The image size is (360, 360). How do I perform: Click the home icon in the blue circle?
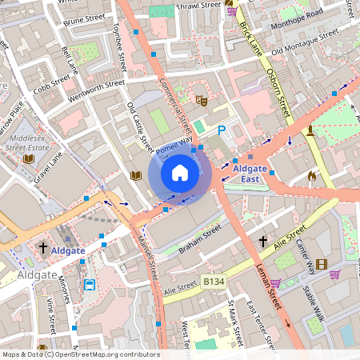180,172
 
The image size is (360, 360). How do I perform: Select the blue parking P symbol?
222,130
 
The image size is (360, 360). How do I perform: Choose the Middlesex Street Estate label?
27,142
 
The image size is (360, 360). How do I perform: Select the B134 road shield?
213,282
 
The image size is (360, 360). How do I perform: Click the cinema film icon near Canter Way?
321,265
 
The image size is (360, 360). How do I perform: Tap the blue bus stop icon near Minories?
90,284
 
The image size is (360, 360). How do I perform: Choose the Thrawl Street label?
198,5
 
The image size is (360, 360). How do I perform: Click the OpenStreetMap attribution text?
80,354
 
